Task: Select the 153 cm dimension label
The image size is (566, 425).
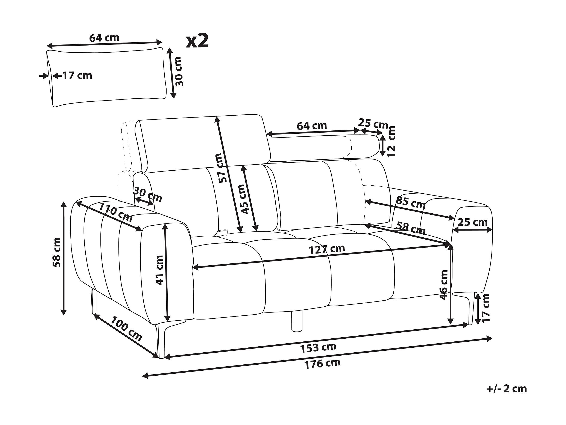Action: click(x=318, y=348)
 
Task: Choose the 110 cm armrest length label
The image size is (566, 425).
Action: click(x=116, y=212)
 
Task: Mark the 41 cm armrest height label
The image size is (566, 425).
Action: click(x=160, y=270)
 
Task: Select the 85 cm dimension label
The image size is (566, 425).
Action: click(x=411, y=203)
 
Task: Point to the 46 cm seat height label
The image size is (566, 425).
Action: click(x=444, y=285)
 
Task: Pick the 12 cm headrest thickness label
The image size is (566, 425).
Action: click(x=391, y=141)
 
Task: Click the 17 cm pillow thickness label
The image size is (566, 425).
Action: click(x=77, y=76)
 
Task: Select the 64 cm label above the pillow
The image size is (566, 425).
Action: click(x=104, y=38)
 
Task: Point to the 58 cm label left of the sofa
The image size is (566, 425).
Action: click(x=56, y=252)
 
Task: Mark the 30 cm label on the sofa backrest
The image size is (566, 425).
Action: click(x=148, y=195)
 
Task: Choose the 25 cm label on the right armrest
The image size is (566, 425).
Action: click(x=473, y=222)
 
